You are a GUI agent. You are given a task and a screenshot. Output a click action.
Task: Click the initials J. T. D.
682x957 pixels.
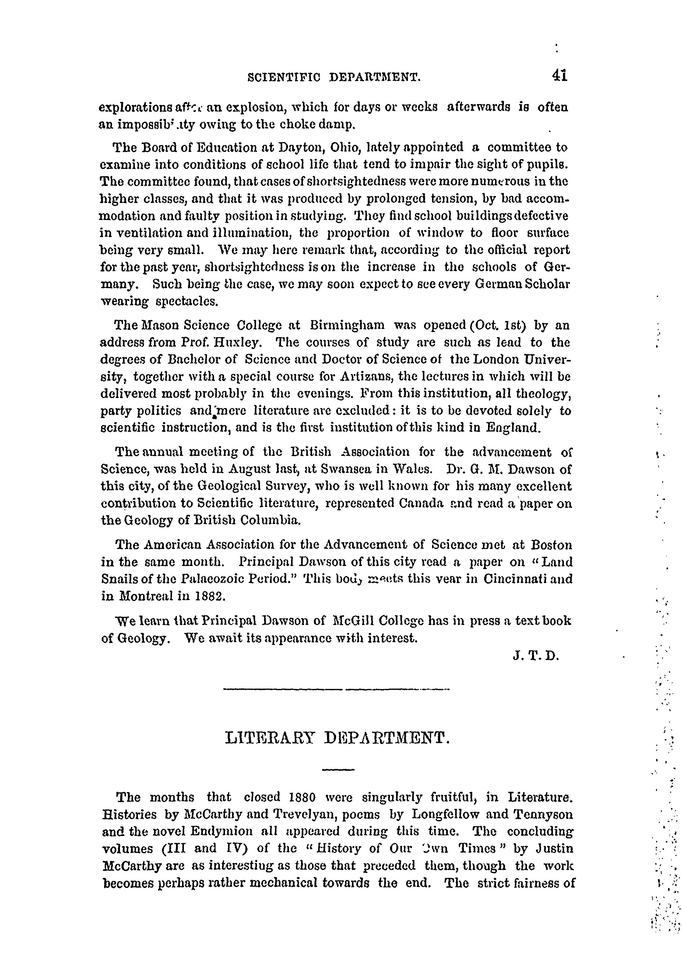click(536, 656)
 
